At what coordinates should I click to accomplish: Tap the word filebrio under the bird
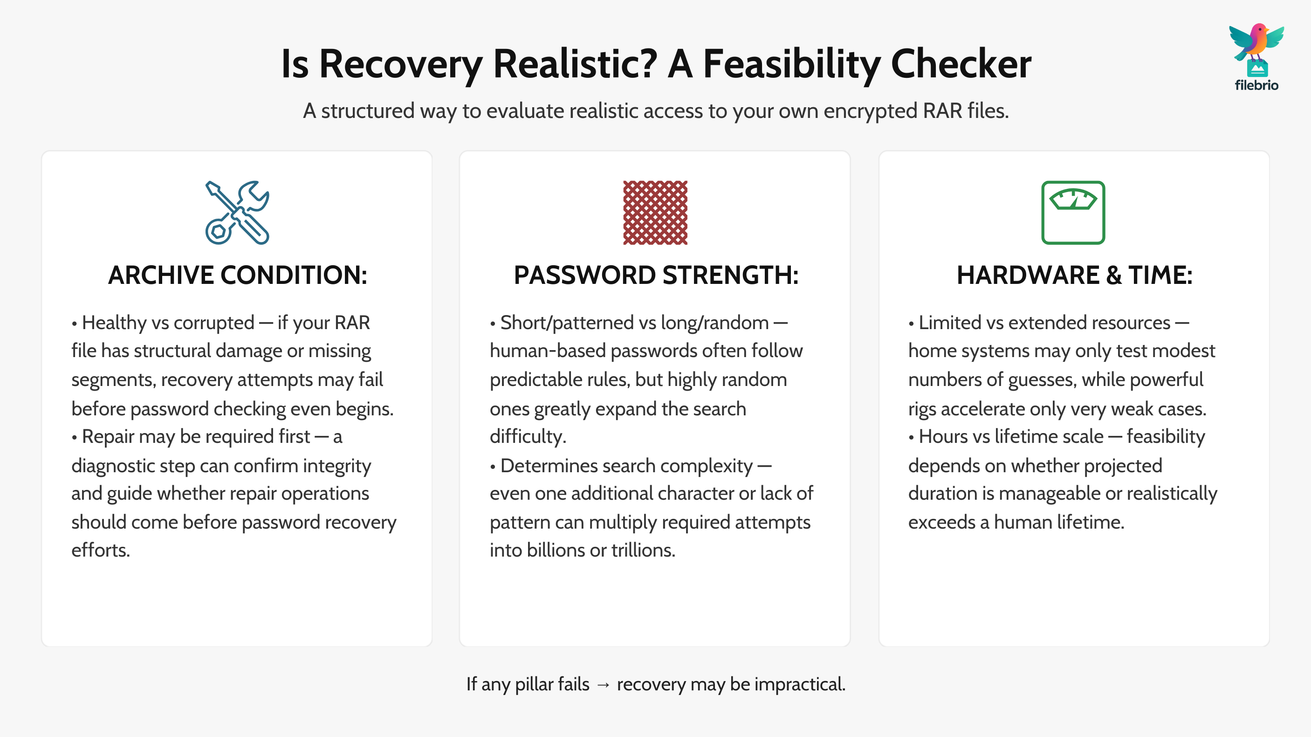click(1256, 85)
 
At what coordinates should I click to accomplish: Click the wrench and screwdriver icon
click(237, 213)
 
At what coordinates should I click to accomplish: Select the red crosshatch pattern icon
click(655, 213)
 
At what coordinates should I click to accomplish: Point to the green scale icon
click(1073, 213)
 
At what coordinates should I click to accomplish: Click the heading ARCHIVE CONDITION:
click(238, 276)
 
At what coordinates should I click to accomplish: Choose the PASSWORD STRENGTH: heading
click(656, 276)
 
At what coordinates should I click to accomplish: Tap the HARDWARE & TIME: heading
click(1074, 276)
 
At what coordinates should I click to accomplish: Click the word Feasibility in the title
click(792, 65)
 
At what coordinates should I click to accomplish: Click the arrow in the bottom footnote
click(603, 685)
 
